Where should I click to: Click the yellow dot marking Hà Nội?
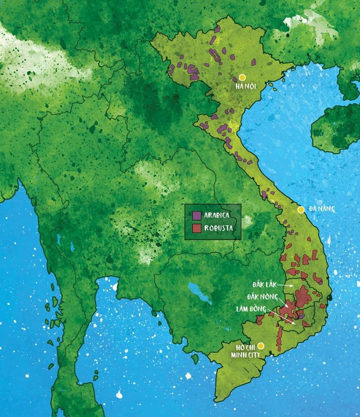(x=242, y=77)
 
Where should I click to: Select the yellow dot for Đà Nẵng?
(x=301, y=210)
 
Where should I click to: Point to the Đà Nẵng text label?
(x=322, y=209)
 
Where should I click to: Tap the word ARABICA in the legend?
(x=217, y=215)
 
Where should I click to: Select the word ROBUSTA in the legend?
(x=218, y=228)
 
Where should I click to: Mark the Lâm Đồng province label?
(x=251, y=308)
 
